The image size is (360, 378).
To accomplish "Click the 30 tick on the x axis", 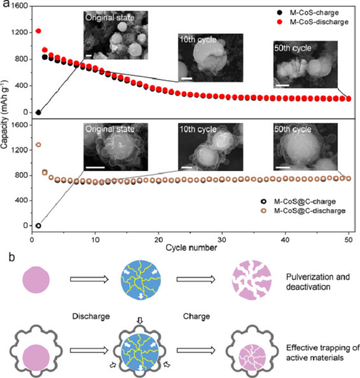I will click(222, 238).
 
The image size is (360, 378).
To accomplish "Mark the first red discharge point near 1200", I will click(38, 31).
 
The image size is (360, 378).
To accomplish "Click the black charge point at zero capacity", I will click(38, 112).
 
